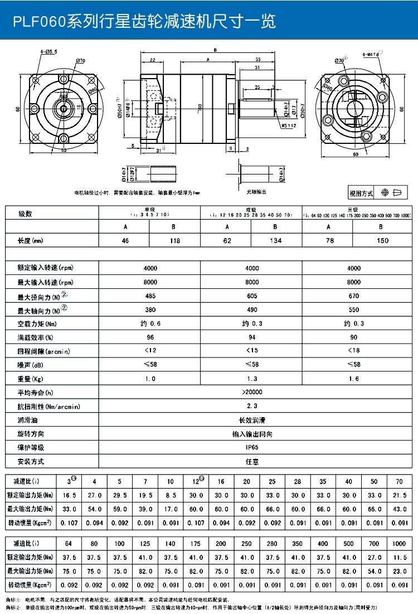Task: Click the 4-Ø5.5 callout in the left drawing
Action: pos(49,52)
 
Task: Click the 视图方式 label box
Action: pos(361,194)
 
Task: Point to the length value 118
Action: pos(174,241)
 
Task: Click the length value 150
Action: pos(382,241)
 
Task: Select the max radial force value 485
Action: pos(150,296)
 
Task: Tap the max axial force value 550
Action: pos(354,310)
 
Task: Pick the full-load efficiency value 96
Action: pos(150,337)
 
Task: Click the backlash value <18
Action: pos(354,351)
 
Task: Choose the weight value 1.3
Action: pos(252,379)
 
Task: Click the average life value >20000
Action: pos(252,393)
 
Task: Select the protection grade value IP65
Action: pos(252,447)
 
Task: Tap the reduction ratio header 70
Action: pos(398,482)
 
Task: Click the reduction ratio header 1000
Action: pos(398,543)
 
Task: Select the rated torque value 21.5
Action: pos(398,495)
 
